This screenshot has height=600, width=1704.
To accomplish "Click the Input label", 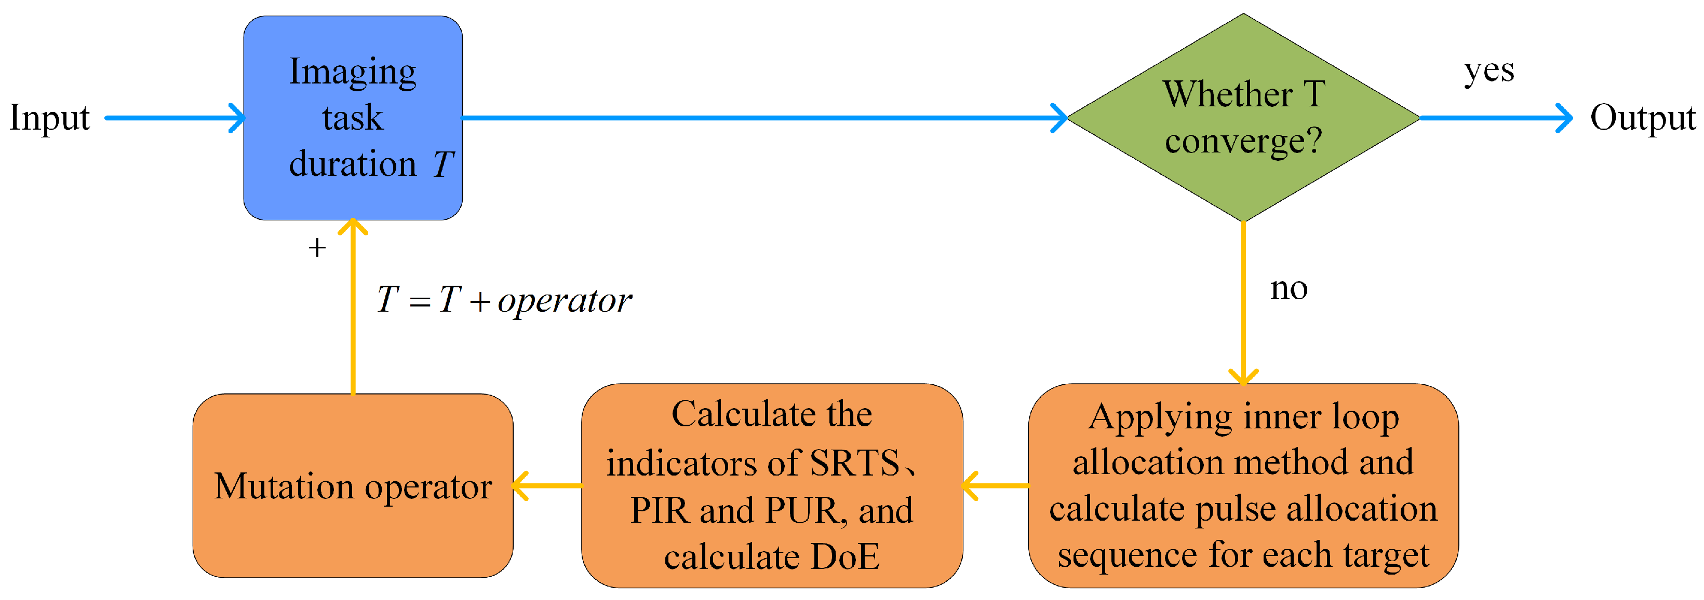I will coord(50,119).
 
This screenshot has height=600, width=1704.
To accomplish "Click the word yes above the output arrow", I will coord(1488,71).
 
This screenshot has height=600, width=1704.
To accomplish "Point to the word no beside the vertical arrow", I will coord(1289,289).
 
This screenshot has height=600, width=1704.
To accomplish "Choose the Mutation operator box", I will coord(353,486).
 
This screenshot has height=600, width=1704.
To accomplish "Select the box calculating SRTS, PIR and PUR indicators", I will coord(771,486).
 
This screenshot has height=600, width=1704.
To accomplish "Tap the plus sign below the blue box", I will coord(317,248).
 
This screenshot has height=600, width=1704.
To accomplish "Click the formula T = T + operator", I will coord(504,301).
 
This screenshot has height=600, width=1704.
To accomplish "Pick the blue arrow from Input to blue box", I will coord(176,118).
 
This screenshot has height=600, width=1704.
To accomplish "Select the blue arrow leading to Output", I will coord(1495,118).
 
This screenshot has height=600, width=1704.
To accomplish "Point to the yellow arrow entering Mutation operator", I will coord(547,486).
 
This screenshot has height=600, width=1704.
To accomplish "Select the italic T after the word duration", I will coord(443,164).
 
